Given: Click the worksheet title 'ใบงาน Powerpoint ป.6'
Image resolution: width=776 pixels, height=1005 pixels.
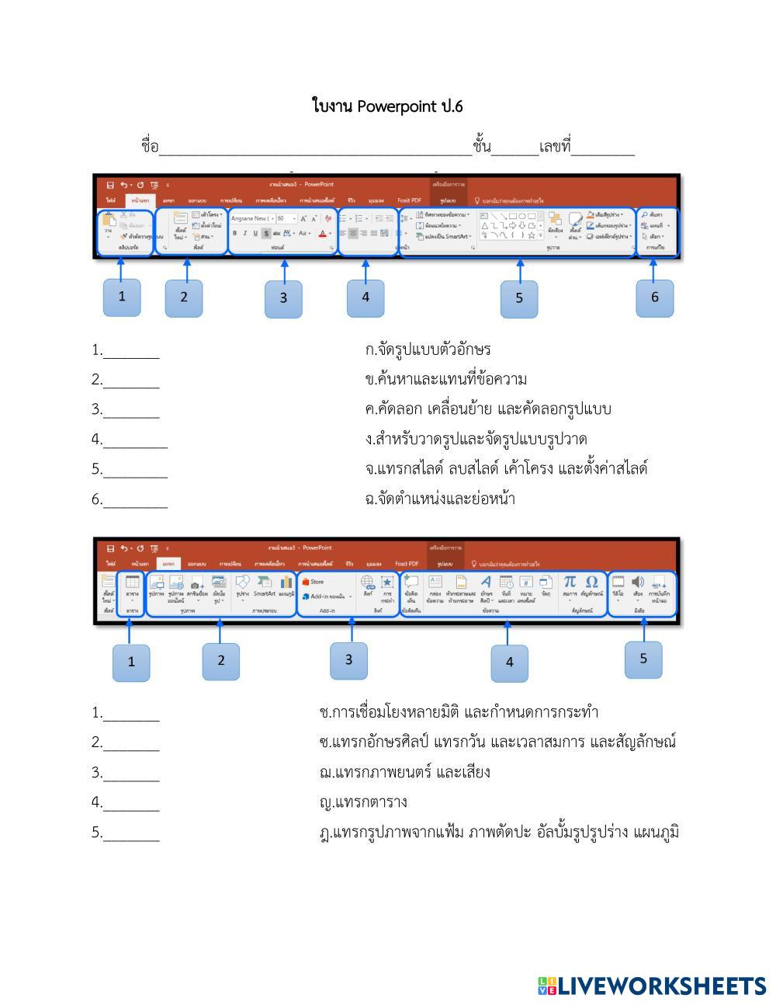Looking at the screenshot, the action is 387,106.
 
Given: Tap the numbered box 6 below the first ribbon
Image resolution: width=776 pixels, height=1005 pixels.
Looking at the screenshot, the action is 654,297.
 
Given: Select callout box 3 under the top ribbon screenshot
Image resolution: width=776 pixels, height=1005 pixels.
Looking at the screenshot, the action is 283,298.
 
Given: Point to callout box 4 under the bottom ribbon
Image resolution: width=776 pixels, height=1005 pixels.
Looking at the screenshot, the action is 509,662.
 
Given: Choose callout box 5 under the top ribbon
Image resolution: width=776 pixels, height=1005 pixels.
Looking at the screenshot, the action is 518,298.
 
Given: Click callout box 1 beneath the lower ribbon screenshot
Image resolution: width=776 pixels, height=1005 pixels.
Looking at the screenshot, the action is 131,662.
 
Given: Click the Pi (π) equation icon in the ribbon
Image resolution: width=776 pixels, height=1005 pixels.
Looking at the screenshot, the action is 570,582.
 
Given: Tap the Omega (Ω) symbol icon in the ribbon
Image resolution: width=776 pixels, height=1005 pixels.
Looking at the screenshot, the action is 591,582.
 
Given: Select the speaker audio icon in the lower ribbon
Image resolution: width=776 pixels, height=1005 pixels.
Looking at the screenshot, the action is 638,582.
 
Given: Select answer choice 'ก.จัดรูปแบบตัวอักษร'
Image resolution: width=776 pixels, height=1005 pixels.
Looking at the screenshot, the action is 428,349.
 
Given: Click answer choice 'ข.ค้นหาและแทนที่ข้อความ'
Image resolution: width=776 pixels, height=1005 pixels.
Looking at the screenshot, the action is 445,380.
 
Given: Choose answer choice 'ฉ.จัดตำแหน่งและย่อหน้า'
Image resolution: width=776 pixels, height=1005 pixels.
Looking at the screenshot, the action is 440,499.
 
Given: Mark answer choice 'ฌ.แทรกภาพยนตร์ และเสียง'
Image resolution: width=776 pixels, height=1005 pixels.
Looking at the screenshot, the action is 404,772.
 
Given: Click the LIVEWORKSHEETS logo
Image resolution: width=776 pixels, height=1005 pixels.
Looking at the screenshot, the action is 651,986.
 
